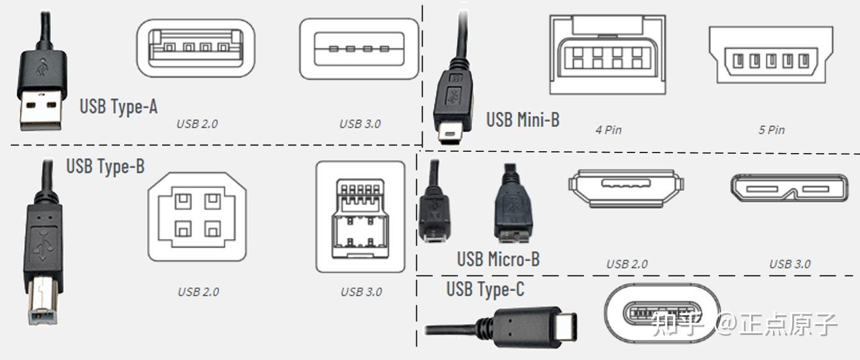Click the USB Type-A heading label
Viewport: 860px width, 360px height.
[x=118, y=106]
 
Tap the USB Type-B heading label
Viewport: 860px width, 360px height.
[x=106, y=167]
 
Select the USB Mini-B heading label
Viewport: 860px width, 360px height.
[x=523, y=119]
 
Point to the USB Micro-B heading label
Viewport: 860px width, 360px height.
[x=498, y=259]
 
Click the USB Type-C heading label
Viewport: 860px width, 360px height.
[x=485, y=289]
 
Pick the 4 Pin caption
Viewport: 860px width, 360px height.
[x=608, y=130]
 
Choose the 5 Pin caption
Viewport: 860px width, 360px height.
[x=772, y=130]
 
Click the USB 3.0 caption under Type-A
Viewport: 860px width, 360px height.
[x=360, y=124]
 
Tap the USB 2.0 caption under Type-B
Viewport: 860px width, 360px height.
[x=198, y=292]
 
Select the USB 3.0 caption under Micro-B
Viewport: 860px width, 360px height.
[x=790, y=264]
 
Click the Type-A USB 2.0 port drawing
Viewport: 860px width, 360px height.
[x=196, y=49]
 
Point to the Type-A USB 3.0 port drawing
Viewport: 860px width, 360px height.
[x=359, y=49]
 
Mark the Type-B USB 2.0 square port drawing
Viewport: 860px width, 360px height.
[x=197, y=215]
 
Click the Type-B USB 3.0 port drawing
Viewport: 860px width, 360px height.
[x=361, y=217]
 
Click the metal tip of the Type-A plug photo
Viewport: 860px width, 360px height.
[x=40, y=111]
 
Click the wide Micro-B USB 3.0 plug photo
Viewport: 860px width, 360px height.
[x=512, y=208]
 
